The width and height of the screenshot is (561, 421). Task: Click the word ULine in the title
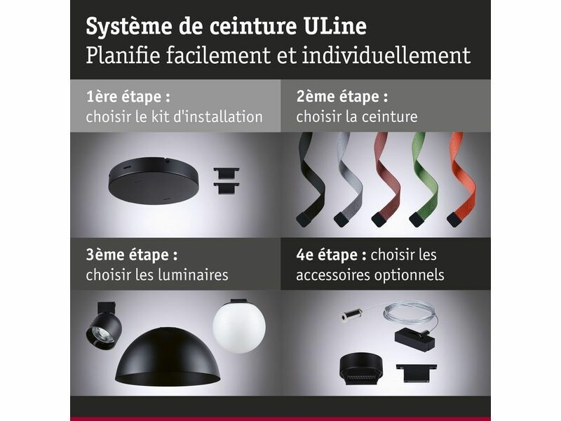coord(335,26)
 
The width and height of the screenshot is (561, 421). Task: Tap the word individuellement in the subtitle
coord(386,55)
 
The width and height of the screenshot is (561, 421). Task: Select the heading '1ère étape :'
coord(128,98)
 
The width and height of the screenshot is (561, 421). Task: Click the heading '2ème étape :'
coord(342,98)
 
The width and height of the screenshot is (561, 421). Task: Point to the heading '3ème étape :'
coord(132,255)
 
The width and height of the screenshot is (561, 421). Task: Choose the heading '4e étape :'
coord(331,255)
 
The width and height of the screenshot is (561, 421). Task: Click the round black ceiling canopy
coord(153,180)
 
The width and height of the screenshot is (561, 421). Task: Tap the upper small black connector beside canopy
coord(227,173)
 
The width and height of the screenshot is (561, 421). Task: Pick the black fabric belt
coord(309,179)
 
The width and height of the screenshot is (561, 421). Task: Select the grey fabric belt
coord(349,179)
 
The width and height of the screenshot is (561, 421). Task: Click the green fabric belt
coord(424,179)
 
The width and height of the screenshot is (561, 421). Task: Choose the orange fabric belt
coord(462,179)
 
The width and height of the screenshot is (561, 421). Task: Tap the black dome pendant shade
coord(168,358)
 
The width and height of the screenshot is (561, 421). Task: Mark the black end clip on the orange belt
coord(454,219)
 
